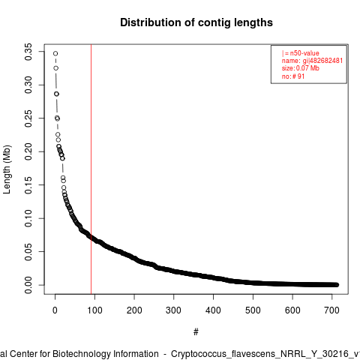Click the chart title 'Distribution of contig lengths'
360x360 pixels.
click(196, 22)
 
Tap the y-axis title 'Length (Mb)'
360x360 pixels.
click(7, 169)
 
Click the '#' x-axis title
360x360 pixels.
click(196, 332)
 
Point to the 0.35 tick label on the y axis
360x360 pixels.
click(28, 52)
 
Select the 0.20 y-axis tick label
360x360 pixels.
click(28, 151)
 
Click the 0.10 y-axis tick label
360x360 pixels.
click(28, 218)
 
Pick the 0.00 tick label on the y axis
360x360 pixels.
click(28, 285)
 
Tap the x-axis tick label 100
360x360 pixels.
click(94, 310)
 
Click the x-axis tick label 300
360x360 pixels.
click(173, 310)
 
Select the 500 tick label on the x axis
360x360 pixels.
click(253, 310)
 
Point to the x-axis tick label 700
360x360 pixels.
click(331, 310)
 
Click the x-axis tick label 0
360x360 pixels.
click(55, 310)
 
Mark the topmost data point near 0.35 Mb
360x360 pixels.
click(55, 53)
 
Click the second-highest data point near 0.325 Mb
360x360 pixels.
click(55, 68)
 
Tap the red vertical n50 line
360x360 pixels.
click(91, 169)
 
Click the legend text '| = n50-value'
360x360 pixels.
click(301, 53)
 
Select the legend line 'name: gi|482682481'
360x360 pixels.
click(312, 61)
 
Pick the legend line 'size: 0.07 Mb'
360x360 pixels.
click(301, 68)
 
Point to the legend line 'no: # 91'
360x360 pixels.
click(293, 76)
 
